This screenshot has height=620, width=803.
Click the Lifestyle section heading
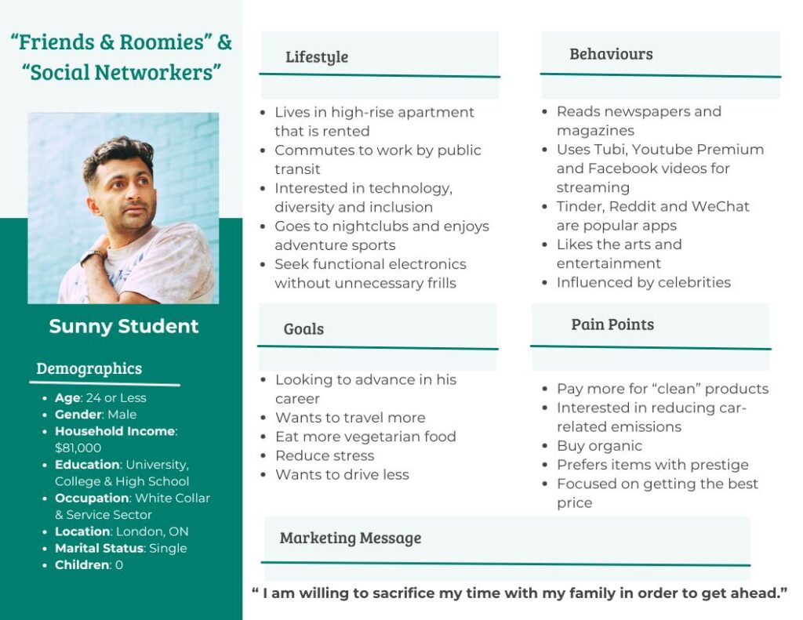tap(317, 56)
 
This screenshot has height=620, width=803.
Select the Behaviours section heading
tap(611, 54)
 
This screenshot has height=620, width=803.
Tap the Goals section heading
tap(303, 328)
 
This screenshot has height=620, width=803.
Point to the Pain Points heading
tap(612, 325)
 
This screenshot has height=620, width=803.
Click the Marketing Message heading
tap(350, 538)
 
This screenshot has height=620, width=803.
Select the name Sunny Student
tap(124, 326)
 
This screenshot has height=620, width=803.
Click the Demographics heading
tap(89, 368)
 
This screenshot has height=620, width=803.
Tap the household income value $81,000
tap(78, 448)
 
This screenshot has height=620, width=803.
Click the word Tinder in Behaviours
tap(579, 206)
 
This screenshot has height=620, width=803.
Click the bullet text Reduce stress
tap(325, 455)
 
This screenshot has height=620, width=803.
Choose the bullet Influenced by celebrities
tap(643, 282)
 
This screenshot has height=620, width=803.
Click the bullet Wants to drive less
tap(342, 474)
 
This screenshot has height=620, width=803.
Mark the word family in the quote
tap(565, 593)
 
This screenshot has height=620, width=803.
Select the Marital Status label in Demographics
tap(98, 548)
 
